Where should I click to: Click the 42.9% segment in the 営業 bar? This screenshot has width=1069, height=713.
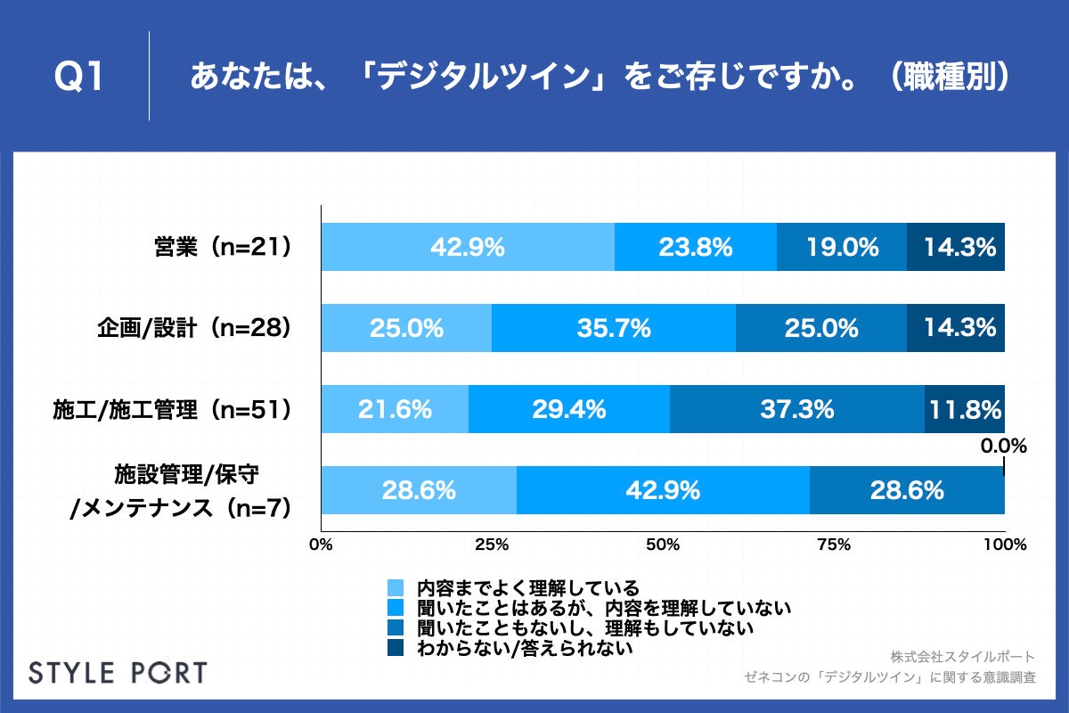[468, 247]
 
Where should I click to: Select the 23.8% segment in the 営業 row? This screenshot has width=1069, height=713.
[696, 247]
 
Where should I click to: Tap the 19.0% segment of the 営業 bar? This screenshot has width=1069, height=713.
[842, 247]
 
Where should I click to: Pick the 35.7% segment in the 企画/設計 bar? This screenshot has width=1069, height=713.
[614, 328]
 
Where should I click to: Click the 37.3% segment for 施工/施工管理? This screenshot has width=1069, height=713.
[797, 409]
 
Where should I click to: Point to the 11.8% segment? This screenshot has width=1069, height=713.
[965, 409]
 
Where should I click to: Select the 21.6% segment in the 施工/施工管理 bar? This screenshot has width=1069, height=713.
[395, 409]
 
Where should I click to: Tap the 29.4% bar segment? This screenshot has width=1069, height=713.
[569, 409]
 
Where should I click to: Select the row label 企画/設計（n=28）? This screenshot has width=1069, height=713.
[195, 328]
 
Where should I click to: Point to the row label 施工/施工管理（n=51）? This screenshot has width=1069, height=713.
[173, 409]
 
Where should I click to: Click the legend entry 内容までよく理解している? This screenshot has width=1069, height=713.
[527, 588]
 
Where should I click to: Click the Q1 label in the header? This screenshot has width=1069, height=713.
[80, 78]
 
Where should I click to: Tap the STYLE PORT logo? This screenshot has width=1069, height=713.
[118, 672]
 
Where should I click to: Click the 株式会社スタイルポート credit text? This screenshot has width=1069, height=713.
[963, 657]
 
